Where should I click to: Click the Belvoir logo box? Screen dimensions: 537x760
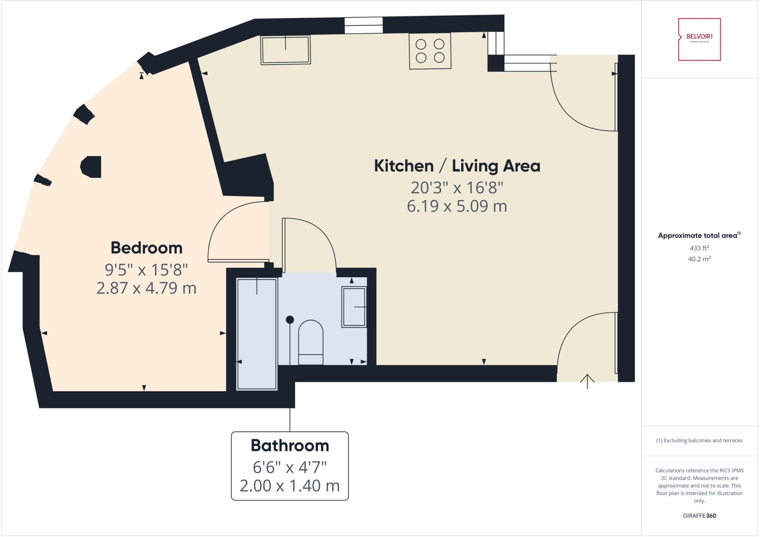699,39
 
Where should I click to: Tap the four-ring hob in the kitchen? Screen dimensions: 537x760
430,51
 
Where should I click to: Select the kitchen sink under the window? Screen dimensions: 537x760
285,50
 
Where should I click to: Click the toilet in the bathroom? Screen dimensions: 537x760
311,343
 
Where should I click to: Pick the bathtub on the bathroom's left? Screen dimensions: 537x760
257,334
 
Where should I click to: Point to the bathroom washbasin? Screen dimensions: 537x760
354,307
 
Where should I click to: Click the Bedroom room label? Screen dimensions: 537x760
147,248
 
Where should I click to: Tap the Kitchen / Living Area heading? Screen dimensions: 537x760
457,166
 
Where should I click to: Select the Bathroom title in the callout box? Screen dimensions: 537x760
290,445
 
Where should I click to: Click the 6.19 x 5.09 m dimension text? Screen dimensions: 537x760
457,206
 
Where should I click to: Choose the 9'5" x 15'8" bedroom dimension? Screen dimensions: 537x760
147,270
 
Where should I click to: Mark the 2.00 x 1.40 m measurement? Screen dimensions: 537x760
290,486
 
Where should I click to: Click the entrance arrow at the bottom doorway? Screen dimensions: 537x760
587,381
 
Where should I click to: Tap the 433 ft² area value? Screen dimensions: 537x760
699,248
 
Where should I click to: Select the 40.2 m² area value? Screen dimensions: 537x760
699,259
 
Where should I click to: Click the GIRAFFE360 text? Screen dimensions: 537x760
699,515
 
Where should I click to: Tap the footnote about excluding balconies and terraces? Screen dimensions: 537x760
699,441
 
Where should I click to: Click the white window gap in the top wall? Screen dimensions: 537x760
363,25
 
